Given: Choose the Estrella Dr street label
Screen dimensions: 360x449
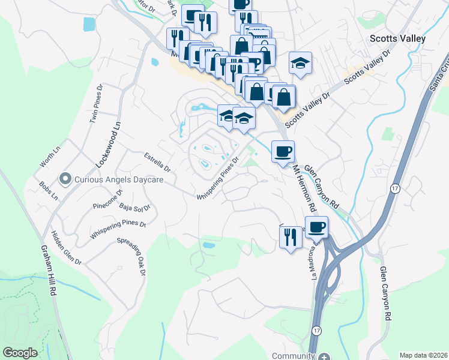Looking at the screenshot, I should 158,161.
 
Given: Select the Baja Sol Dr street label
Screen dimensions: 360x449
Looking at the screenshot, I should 134,208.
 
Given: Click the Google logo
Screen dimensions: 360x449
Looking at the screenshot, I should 20,353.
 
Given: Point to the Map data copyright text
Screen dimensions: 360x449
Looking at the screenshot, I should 423,355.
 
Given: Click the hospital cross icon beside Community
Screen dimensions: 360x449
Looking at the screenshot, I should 324,356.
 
